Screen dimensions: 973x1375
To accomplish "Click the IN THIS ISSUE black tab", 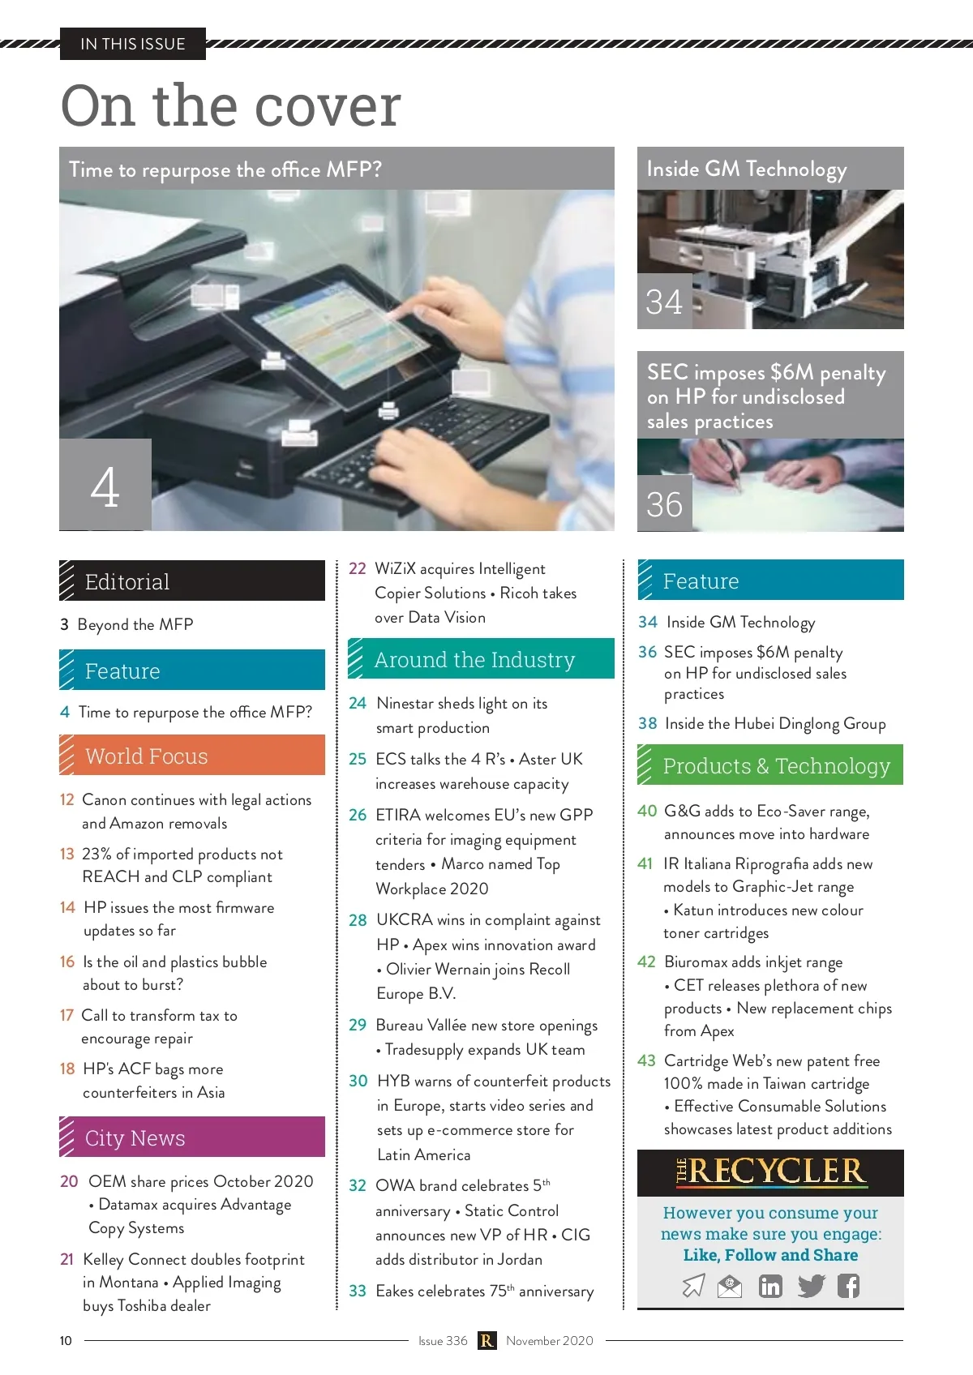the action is (x=133, y=44).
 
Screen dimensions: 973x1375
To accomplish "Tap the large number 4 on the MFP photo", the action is (x=105, y=486).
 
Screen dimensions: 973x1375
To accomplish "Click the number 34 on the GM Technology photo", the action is (x=663, y=302).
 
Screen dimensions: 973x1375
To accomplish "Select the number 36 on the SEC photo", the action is (x=663, y=504).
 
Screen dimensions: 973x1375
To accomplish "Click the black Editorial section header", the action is (x=192, y=580).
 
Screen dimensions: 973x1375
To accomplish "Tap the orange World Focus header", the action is (x=192, y=755).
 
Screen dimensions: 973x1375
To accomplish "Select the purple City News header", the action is (x=192, y=1137).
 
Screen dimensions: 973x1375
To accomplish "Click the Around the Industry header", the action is (x=482, y=658).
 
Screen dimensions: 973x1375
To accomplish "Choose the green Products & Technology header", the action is (x=770, y=765).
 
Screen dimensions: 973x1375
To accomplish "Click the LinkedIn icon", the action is (x=769, y=1285).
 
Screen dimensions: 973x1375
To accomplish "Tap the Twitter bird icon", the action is (x=811, y=1285).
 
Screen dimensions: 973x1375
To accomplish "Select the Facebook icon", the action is (x=848, y=1285).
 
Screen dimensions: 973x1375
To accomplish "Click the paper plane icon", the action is (x=694, y=1285).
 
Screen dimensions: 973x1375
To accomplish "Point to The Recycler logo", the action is (x=770, y=1172).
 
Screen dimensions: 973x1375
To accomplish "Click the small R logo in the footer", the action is (x=486, y=1341).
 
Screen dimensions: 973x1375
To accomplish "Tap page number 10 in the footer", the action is (x=66, y=1341).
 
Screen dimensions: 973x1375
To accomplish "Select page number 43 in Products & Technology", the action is (x=646, y=1060).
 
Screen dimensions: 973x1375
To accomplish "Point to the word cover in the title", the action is (x=328, y=105).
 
